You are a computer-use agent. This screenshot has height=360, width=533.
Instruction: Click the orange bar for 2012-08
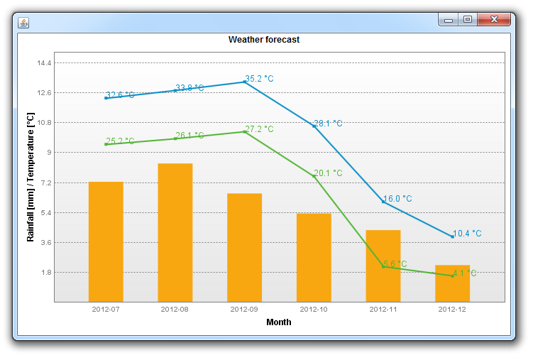[175, 233]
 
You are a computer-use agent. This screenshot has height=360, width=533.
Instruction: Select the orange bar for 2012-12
[452, 283]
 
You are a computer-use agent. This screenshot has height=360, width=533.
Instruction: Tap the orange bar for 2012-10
[314, 257]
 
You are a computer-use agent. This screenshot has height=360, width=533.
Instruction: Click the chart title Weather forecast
[264, 40]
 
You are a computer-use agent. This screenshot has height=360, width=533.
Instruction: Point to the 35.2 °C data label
[260, 79]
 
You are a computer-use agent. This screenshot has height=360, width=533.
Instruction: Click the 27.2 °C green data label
[260, 129]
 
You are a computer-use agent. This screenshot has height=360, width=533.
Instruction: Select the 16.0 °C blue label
[397, 199]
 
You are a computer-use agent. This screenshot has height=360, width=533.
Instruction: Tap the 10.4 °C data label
[467, 233]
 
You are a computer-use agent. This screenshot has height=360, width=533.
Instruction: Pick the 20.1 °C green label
[328, 173]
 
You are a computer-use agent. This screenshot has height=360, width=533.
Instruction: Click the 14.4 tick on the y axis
[44, 63]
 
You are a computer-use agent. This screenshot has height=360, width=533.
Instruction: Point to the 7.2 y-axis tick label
[44, 182]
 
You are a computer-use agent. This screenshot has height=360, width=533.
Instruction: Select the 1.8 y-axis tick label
[44, 272]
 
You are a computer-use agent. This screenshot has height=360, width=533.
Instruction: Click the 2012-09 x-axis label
[244, 310]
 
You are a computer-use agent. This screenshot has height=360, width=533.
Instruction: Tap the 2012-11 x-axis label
[383, 310]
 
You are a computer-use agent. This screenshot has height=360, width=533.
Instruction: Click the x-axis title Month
[278, 322]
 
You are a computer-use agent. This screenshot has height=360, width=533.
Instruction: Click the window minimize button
[449, 20]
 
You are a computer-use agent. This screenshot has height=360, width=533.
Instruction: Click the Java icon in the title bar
[23, 23]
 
